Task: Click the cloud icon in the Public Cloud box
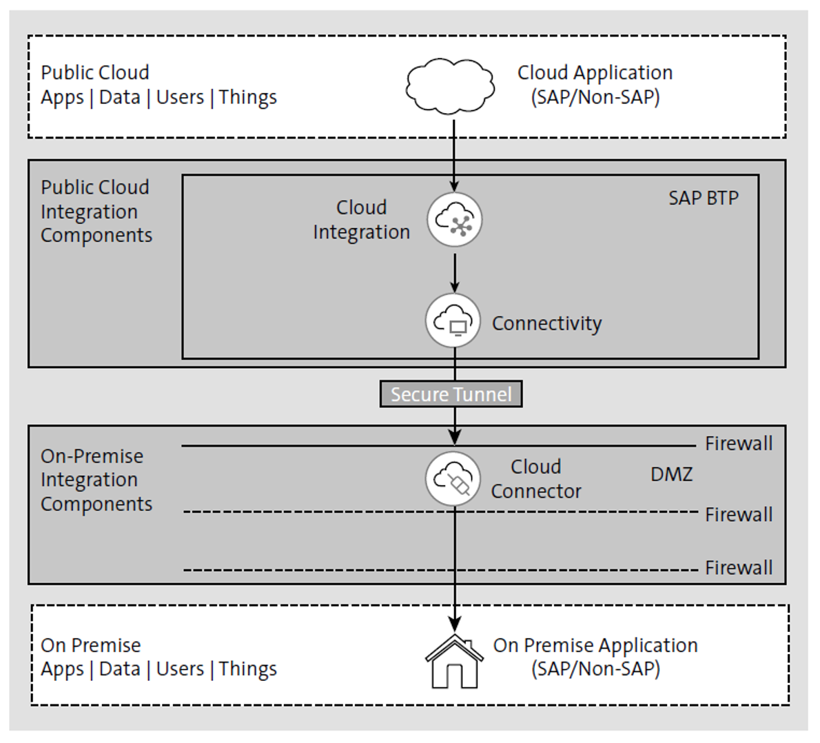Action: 451,86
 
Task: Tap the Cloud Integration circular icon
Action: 454,220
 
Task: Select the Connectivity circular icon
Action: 453,320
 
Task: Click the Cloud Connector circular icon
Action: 453,478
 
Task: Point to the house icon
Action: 453,662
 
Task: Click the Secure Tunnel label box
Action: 451,394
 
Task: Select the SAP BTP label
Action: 703,199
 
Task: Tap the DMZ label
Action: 671,474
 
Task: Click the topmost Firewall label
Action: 738,443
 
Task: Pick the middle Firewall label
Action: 738,514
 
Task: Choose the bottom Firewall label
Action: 738,567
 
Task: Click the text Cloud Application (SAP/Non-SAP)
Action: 595,85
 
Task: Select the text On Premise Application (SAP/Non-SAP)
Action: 595,657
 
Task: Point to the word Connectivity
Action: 546,323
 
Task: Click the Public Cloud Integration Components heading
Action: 96,211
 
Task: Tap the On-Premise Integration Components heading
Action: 96,480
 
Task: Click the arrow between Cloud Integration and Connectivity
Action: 454,272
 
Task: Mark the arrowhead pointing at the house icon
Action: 454,624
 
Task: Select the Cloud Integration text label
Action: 361,220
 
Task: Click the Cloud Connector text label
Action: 535,479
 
